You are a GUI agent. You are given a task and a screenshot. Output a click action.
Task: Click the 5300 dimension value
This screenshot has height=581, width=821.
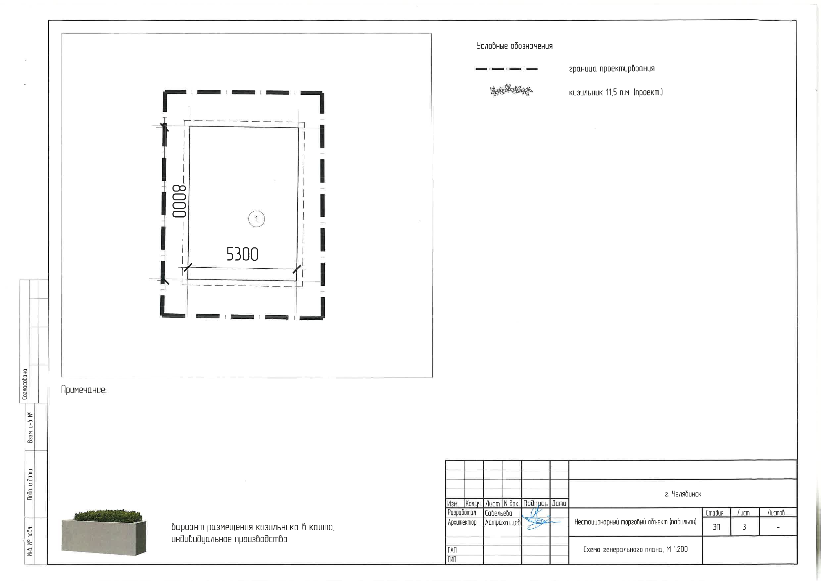click(x=242, y=254)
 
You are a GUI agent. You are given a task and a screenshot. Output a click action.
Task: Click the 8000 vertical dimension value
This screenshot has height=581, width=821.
click(x=179, y=201)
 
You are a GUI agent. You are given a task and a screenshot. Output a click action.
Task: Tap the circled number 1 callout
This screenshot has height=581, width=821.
click(x=256, y=219)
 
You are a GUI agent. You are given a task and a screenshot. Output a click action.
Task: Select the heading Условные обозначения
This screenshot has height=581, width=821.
click(x=514, y=46)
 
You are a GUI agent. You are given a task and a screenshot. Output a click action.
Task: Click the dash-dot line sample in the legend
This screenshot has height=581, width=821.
click(x=506, y=69)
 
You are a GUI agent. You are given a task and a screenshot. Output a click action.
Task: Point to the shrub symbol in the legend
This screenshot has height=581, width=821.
click(x=511, y=90)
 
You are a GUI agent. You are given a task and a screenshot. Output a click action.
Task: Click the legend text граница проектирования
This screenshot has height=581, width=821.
click(x=612, y=69)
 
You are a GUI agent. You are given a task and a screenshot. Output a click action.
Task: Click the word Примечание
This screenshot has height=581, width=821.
click(x=84, y=390)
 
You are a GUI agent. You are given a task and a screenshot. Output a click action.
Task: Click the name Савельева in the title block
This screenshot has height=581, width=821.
click(x=499, y=513)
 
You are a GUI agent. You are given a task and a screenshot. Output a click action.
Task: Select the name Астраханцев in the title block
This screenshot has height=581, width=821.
click(x=503, y=522)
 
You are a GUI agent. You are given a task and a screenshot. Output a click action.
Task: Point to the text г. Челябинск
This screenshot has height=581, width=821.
click(x=683, y=494)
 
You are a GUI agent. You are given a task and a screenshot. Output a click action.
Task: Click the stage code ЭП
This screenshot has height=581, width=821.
click(x=716, y=527)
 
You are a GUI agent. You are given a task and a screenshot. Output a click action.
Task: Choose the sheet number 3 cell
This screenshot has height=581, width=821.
click(x=744, y=527)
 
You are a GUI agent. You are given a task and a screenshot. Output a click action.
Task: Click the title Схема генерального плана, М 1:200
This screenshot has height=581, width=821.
click(x=635, y=549)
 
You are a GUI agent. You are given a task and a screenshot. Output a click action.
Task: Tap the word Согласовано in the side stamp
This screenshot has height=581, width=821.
click(x=25, y=384)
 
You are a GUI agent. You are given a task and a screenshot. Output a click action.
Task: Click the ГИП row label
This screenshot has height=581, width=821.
click(x=452, y=559)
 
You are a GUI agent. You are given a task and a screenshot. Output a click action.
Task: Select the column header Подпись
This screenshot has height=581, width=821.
click(x=535, y=503)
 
